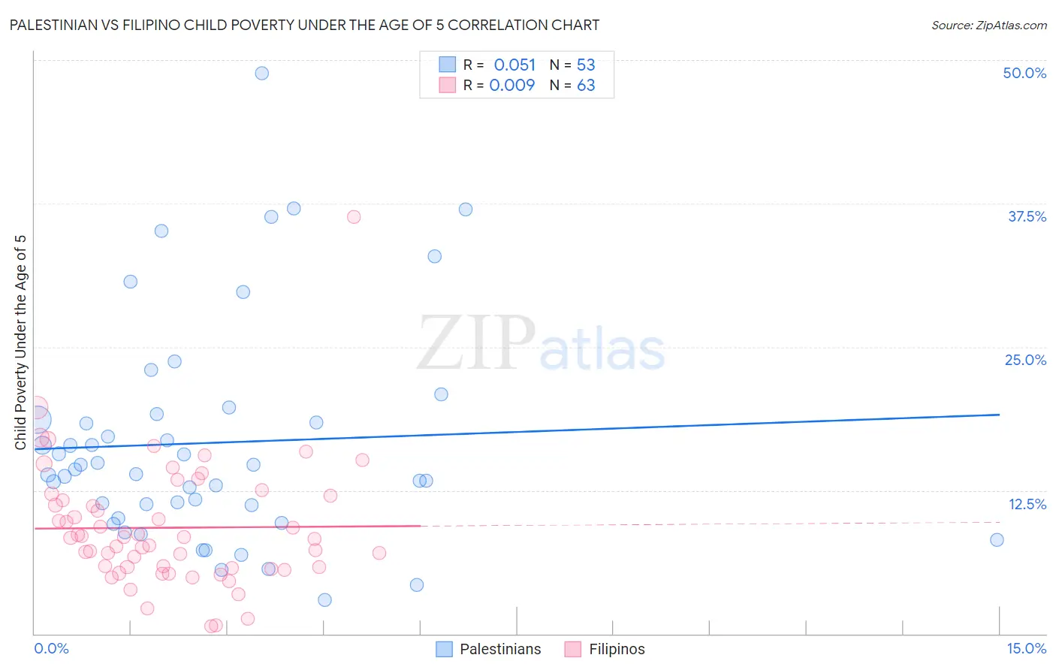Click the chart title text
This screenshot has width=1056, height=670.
pos(303,26)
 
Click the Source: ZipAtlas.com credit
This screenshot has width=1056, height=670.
pos(988,26)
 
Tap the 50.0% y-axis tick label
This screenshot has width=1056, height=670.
pos(1024,73)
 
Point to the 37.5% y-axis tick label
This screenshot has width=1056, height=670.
pos(1027,216)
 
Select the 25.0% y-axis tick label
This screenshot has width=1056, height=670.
pos(1025,360)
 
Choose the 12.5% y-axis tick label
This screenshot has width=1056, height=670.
pos(1027,504)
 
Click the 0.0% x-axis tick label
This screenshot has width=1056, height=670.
pos(51,649)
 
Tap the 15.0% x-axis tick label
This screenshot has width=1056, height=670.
pos(1026,649)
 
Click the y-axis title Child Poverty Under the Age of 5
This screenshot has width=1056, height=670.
pos(20,343)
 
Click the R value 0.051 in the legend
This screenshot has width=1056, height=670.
pos(514,65)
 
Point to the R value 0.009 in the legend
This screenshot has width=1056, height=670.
pos(512,86)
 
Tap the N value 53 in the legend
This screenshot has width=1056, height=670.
pos(586,65)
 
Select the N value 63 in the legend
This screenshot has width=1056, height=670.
pos(586,86)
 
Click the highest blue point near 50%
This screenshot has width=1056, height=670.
pos(261,73)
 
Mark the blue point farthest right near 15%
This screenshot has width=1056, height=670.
pos(997,539)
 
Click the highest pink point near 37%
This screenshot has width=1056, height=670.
pos(354,217)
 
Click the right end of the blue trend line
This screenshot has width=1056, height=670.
pos(999,415)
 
